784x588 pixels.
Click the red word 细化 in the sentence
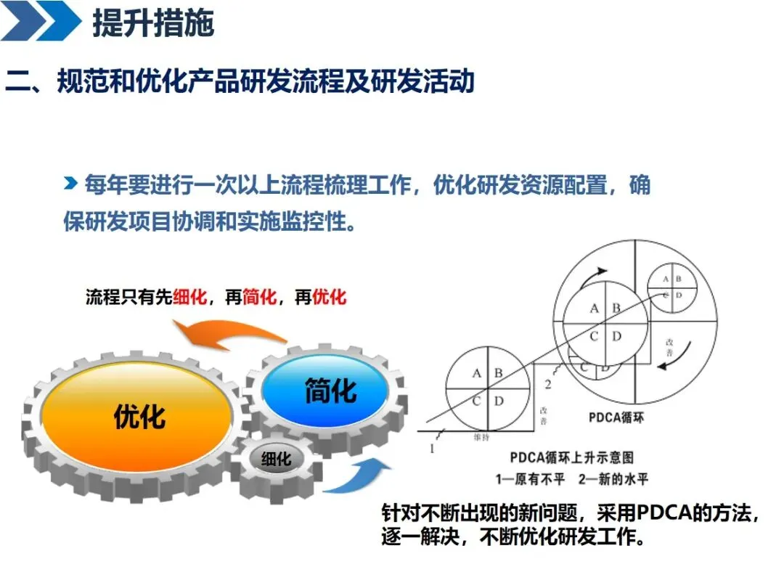pos(191,298)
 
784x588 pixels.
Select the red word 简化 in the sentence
pos(260,298)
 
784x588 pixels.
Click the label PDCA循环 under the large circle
pos(616,419)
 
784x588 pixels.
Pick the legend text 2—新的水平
pos(613,479)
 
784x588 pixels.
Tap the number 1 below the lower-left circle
pos(432,448)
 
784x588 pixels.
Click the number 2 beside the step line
pos(548,384)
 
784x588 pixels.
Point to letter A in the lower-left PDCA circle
pos(477,373)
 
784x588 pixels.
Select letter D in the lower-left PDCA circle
pos(499,401)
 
